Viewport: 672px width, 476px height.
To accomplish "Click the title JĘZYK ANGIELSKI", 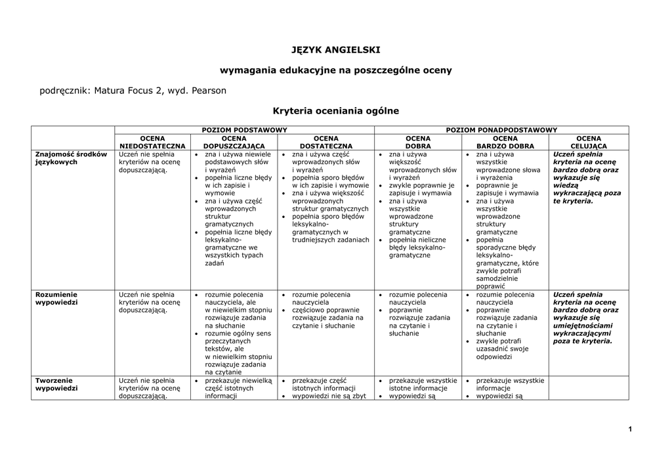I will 335,49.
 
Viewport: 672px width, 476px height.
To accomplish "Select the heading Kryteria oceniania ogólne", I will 335,111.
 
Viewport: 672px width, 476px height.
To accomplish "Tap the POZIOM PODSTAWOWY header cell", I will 244,130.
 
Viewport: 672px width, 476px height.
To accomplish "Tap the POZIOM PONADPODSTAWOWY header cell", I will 501,130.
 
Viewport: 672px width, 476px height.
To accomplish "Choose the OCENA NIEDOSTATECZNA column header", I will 152,142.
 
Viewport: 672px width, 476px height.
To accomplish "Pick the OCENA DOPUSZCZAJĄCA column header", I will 234,142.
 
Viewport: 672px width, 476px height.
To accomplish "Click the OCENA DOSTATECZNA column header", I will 325,142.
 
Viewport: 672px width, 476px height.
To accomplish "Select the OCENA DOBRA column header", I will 418,142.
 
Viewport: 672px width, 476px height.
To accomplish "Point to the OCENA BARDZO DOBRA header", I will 505,142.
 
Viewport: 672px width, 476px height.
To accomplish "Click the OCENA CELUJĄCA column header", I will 589,142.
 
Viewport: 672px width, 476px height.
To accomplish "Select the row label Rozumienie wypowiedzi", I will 56,299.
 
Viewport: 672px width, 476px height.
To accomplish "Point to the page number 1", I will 629,429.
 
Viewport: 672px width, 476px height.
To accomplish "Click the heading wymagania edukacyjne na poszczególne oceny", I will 335,70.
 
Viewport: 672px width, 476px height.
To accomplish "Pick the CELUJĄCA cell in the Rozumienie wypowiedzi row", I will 586,318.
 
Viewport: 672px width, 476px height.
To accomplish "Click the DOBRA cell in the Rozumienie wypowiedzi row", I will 419,314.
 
